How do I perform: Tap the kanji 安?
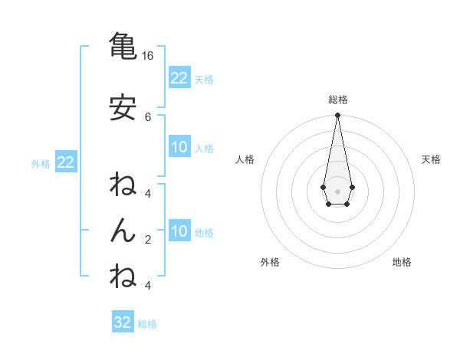[x=123, y=109]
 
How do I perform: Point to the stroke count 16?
[x=148, y=56]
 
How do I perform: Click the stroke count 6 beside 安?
[x=148, y=116]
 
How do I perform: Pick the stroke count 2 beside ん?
[x=148, y=239]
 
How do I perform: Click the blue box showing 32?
[x=123, y=322]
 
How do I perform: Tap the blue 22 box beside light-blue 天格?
[x=179, y=78]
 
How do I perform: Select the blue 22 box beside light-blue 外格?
[x=65, y=162]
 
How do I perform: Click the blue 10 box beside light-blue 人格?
[x=179, y=148]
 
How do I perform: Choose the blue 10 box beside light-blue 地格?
[x=179, y=232]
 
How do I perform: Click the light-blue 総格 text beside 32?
[x=147, y=324]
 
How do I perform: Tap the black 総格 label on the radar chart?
[x=338, y=100]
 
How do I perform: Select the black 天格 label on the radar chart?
[x=431, y=159]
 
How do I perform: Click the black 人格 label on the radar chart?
[x=245, y=159]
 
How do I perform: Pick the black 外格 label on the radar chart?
[x=270, y=262]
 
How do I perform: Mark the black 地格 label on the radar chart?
[x=402, y=262]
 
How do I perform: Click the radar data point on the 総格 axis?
[x=337, y=116]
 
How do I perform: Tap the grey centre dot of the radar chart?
[x=337, y=190]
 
